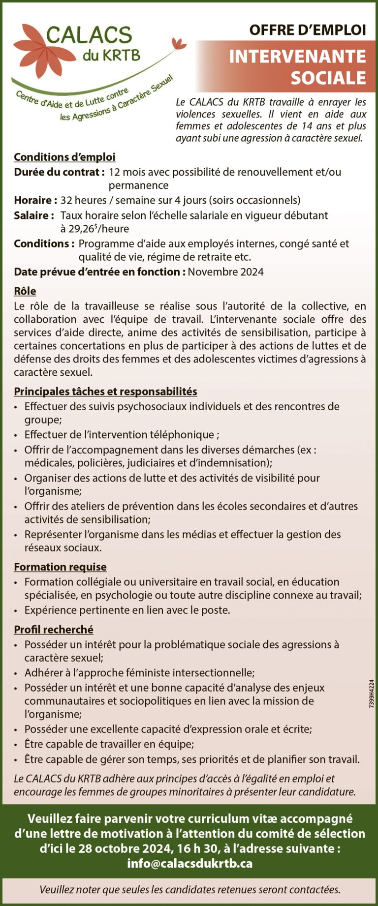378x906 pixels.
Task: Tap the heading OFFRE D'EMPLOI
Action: (x=307, y=30)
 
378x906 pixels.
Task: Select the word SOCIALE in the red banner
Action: (x=328, y=78)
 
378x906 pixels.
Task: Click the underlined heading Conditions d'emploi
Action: (x=64, y=157)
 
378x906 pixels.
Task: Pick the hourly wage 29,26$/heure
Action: (x=94, y=229)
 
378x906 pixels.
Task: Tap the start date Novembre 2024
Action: (x=225, y=272)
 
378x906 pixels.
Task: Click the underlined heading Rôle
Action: (x=25, y=291)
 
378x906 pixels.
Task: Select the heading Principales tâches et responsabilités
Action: (x=105, y=392)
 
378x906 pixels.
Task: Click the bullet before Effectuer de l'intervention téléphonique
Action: (x=16, y=435)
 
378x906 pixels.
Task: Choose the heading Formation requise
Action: (x=60, y=567)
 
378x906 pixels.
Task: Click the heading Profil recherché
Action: (x=54, y=630)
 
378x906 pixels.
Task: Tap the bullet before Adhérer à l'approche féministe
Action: (x=16, y=673)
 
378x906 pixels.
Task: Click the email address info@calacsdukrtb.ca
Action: (x=189, y=863)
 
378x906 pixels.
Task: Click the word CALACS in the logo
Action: (x=89, y=35)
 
